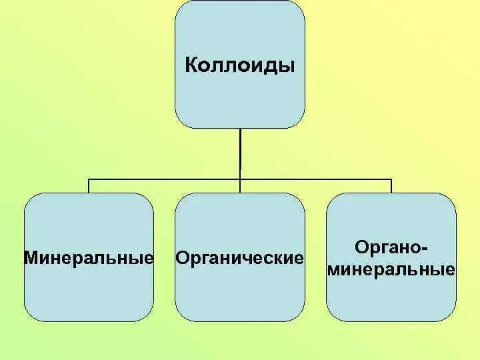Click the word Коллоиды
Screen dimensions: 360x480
point(239,67)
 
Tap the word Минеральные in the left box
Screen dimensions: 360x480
point(89,257)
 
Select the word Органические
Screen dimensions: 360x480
point(239,257)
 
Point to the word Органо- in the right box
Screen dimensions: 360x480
point(391,248)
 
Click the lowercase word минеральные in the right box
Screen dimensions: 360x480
point(392,271)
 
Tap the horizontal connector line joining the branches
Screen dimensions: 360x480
point(167,179)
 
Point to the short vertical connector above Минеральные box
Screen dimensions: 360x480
point(89,186)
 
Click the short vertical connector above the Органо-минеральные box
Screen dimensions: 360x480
point(391,186)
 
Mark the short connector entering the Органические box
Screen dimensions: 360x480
point(240,186)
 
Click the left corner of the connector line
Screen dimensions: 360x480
point(89,179)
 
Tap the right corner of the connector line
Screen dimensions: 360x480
point(391,179)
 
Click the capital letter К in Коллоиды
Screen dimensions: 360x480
point(189,67)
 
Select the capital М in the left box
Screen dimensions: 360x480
point(30,257)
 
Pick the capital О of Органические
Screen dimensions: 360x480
point(181,257)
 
